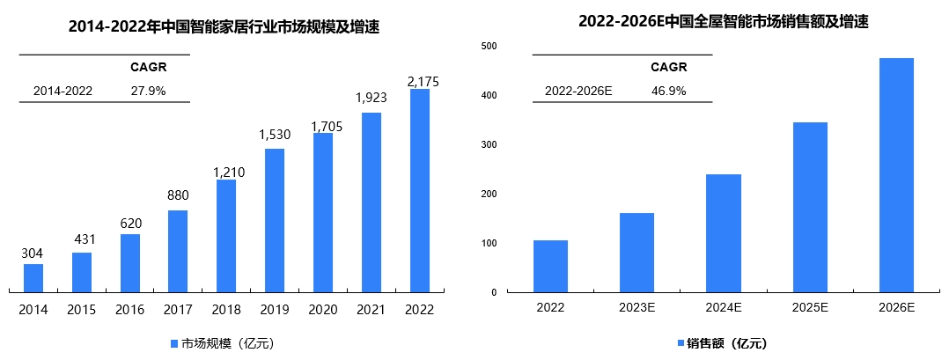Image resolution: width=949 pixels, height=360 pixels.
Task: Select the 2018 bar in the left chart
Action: coord(226,235)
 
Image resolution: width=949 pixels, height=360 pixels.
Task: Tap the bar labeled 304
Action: coord(33,277)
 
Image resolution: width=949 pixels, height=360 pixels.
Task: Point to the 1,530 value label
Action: coord(275,135)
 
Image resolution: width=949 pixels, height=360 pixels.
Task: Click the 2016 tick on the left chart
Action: coord(130,309)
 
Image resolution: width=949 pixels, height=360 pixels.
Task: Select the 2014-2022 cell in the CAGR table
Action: coord(63,91)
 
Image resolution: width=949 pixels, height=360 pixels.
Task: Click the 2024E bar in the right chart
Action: coord(724,233)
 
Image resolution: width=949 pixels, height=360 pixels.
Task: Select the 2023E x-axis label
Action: coord(636,308)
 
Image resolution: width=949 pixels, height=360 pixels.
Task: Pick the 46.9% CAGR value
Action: coord(669,91)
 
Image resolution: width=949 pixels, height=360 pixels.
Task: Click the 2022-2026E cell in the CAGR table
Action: coord(578,91)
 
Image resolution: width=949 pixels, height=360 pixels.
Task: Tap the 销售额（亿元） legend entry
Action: coord(722,343)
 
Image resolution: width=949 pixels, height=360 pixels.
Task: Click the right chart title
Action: coord(723,22)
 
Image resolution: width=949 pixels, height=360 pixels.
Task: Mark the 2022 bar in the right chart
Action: coord(550,266)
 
